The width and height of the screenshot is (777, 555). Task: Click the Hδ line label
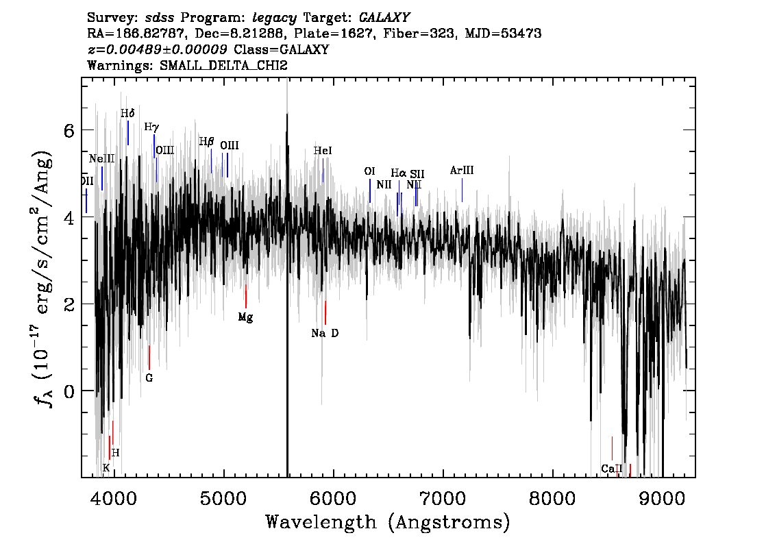coord(127,114)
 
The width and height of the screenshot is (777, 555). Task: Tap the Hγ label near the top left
coord(151,127)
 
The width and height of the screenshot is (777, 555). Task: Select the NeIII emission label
coord(101,158)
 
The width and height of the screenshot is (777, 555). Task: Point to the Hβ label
coord(206,142)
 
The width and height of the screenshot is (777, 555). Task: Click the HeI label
coord(323,150)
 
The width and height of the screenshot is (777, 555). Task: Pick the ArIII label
coord(462,171)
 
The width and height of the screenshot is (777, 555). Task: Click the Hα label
coord(398,173)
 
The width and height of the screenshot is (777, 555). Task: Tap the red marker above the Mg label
coord(246,296)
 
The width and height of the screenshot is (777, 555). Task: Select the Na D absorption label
coord(325,333)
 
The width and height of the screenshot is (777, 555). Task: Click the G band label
coord(149,378)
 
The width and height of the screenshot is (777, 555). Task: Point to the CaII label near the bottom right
coord(611,469)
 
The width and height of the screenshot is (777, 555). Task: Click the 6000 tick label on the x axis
coord(334,498)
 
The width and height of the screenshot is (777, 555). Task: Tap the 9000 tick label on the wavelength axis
coord(661,498)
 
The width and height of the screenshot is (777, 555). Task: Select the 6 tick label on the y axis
coord(69,131)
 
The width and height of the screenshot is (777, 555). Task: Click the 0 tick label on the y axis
coord(69,391)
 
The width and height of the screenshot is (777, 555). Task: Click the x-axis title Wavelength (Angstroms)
coord(388,522)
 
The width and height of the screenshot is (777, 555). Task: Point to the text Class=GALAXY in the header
coord(282,49)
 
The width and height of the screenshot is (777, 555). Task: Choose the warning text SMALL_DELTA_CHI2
coord(223,65)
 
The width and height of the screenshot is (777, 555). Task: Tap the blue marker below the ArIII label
coord(463,190)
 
